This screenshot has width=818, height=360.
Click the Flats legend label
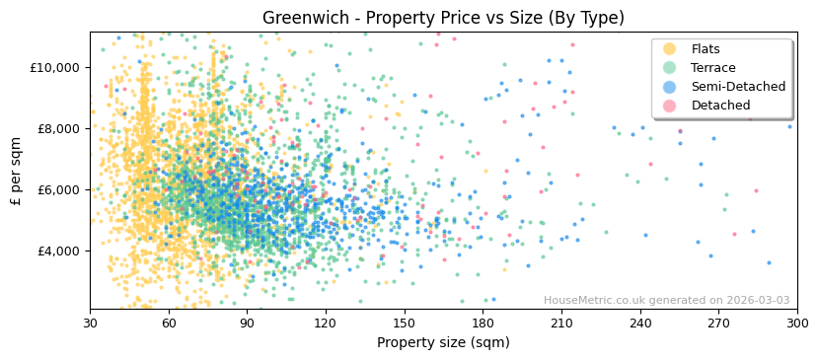[x=706, y=49]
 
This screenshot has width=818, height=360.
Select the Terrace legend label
[x=712, y=68]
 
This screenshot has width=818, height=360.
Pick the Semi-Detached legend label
[x=738, y=87]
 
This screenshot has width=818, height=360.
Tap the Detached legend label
[x=719, y=106]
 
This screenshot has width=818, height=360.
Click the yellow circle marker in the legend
[x=670, y=49]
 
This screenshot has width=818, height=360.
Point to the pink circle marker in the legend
[x=670, y=106]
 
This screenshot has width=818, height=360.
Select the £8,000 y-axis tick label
[x=56, y=128]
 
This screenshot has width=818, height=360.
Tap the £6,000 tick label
[x=56, y=189]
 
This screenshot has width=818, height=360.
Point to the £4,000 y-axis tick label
[x=56, y=251]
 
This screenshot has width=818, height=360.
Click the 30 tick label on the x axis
[x=91, y=323]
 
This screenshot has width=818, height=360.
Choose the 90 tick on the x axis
[x=248, y=323]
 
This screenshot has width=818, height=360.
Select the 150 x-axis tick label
[x=405, y=323]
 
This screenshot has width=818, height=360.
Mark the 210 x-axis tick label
[x=561, y=323]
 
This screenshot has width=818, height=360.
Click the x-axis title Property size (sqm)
[x=443, y=342]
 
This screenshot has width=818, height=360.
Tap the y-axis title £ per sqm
[x=17, y=171]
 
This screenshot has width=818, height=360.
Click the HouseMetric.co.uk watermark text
[x=666, y=301]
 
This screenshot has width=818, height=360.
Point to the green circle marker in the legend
[x=670, y=68]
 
